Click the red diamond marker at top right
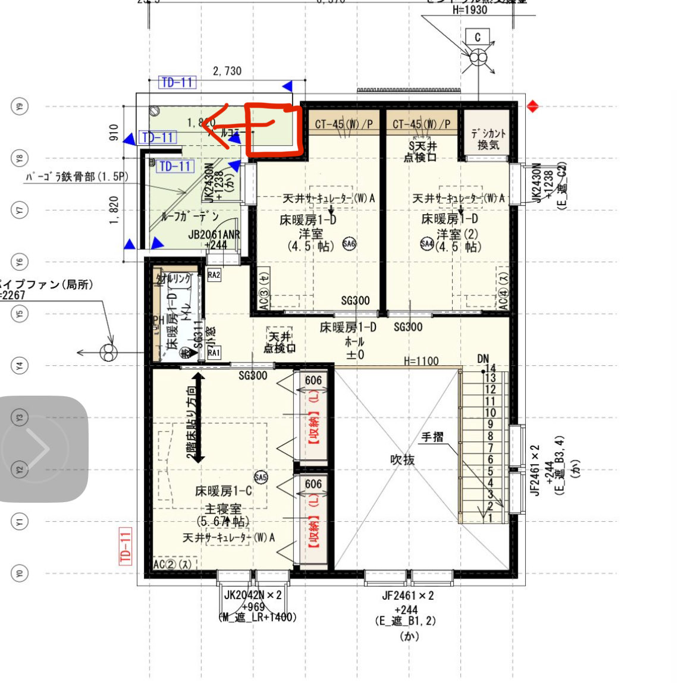533,107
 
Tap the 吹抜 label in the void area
402,460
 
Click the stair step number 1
490,518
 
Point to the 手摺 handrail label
432,437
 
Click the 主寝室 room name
223,509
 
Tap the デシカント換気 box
488,139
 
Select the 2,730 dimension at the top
227,71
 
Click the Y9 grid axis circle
20,107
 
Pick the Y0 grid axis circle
20,574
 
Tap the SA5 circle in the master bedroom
261,477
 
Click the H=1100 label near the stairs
420,361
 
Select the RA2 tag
214,275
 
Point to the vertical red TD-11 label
125,546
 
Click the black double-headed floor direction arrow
198,418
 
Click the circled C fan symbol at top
478,58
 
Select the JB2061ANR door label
214,235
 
